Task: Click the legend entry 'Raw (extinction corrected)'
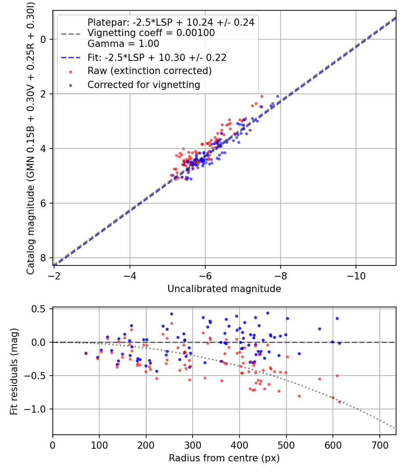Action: tap(149, 71)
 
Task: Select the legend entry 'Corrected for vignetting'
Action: tap(144, 85)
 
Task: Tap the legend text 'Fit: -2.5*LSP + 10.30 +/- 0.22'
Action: tap(157, 58)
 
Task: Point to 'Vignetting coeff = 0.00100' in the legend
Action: tap(151, 33)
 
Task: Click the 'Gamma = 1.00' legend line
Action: tap(123, 44)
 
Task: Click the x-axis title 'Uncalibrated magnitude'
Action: tap(224, 289)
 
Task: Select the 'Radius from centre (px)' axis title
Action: tap(224, 458)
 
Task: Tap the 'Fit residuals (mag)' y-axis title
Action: tap(14, 372)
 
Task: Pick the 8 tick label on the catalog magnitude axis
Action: tap(43, 258)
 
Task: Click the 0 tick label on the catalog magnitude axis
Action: tap(43, 39)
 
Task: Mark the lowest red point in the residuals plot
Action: tap(339, 401)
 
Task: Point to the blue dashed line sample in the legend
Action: tap(69, 58)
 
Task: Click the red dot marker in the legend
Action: tap(70, 71)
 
